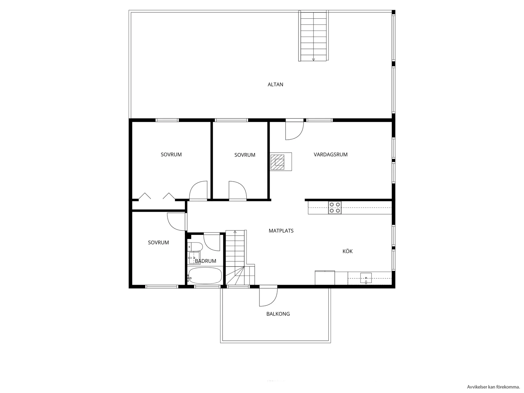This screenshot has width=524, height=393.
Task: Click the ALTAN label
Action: coord(275,84)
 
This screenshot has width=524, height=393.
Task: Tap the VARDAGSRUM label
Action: coord(330,155)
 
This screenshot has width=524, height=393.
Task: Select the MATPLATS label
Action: coord(281,231)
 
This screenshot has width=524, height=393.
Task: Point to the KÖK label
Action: coord(347,251)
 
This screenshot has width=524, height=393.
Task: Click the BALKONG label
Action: coord(278,314)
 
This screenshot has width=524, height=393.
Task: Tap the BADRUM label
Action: coord(205,261)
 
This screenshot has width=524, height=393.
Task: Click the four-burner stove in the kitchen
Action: coord(335,208)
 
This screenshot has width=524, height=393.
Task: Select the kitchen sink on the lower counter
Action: coord(366,278)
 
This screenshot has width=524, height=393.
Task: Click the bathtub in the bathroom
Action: coord(205,276)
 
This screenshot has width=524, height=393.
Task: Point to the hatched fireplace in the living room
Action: coord(279,162)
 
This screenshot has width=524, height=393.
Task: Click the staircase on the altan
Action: coord(313,36)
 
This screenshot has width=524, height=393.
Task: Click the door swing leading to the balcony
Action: coord(267,296)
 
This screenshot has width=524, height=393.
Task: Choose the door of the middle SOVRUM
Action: coord(237,190)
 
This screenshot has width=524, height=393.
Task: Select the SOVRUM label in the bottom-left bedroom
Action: coord(158,243)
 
